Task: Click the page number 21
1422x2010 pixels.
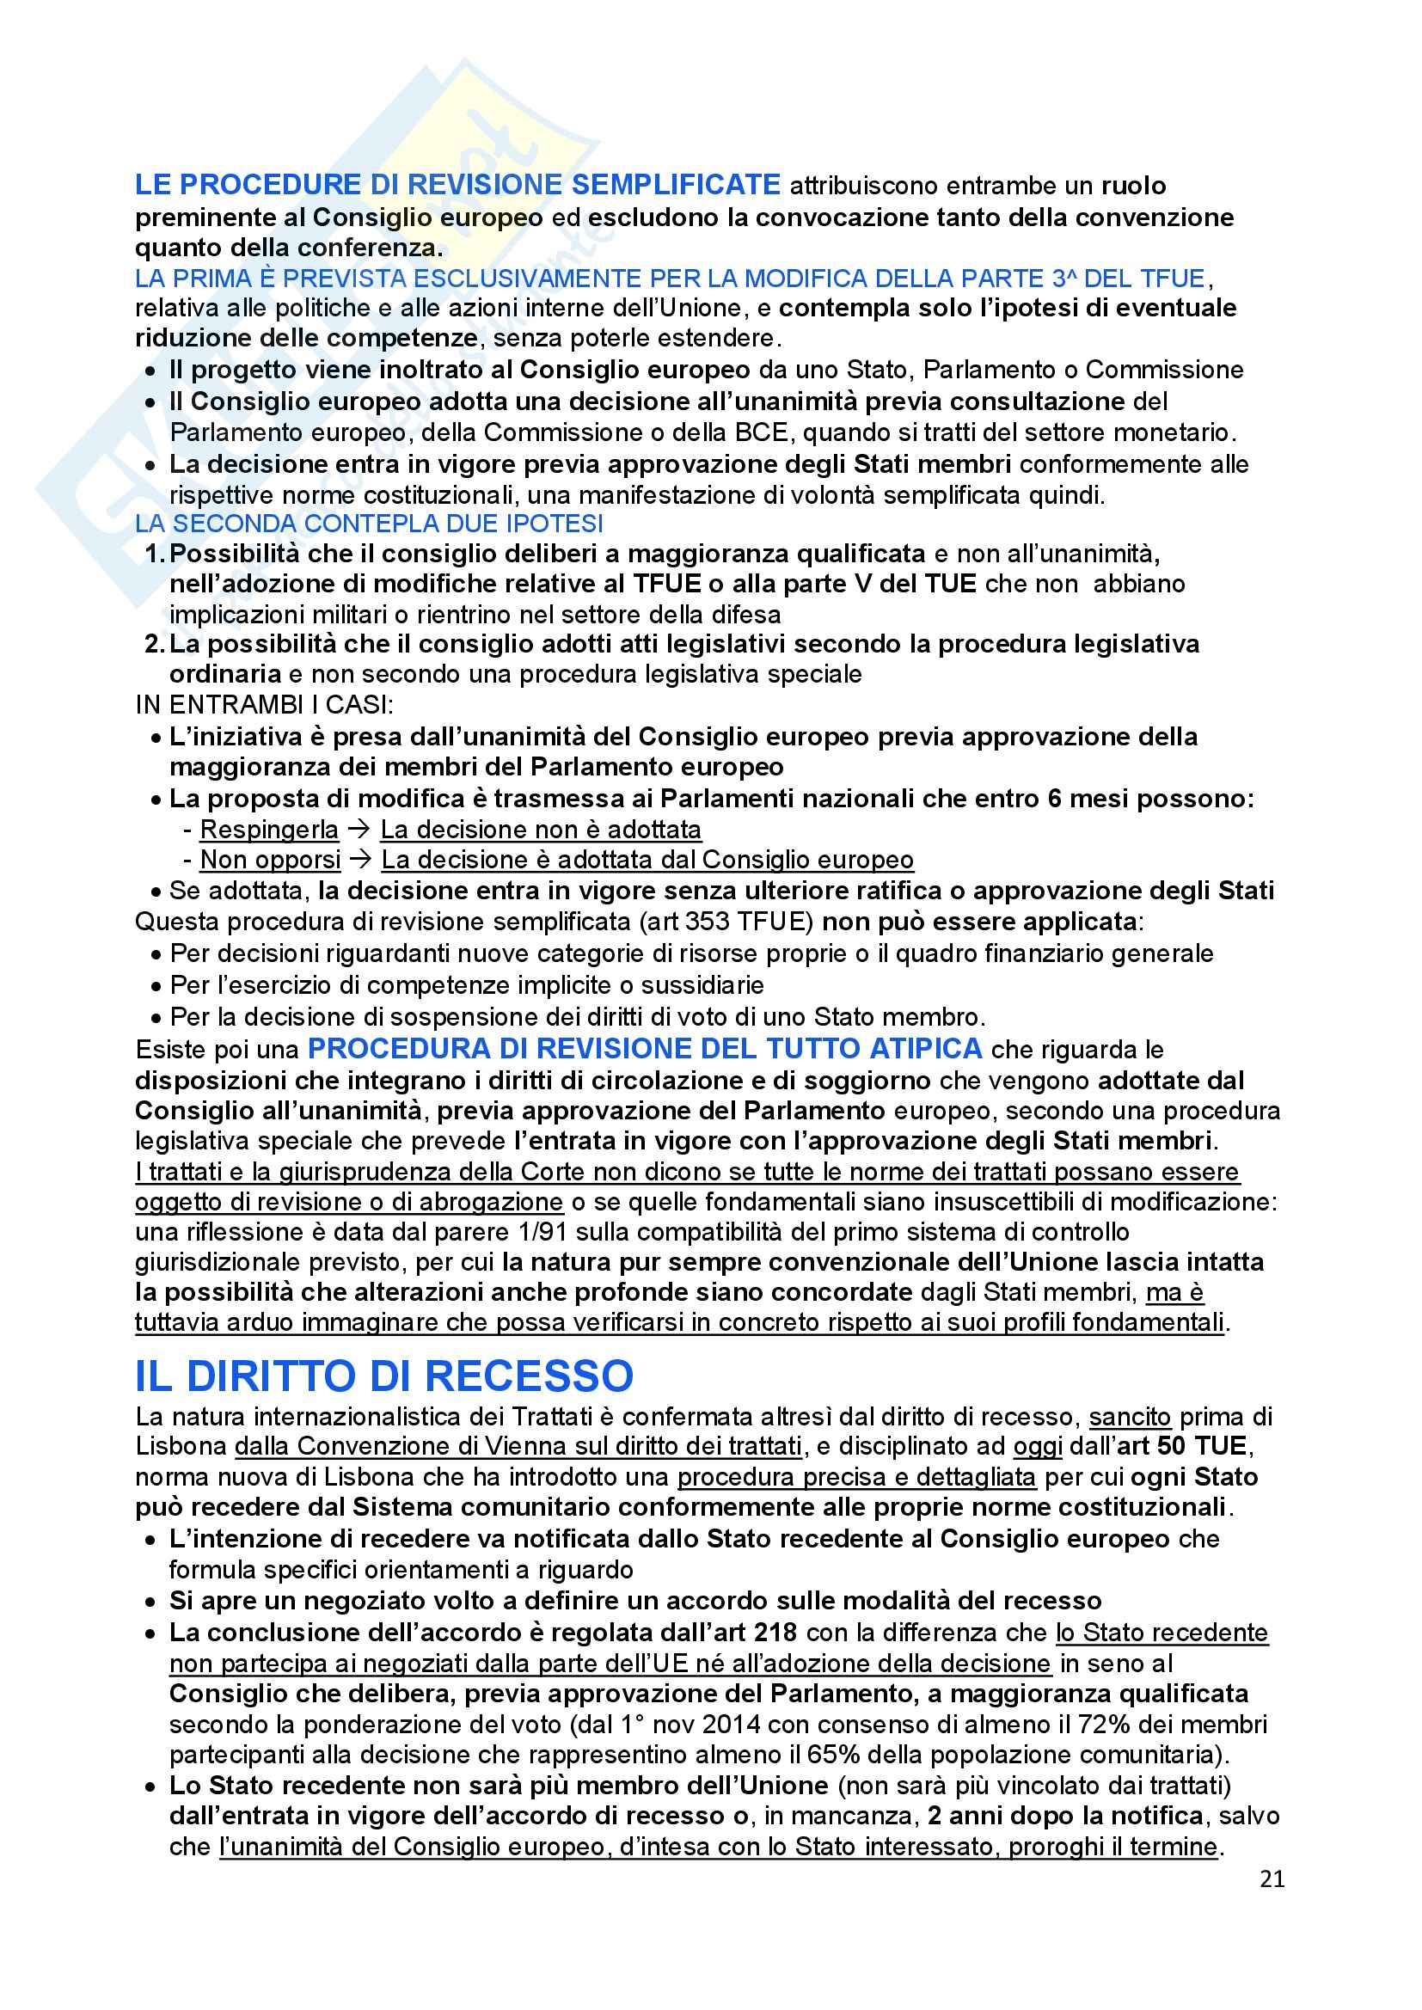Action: pyautogui.click(x=1272, y=1878)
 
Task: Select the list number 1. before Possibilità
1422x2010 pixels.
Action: pyautogui.click(x=154, y=555)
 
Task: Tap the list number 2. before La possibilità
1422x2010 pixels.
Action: pyautogui.click(x=154, y=644)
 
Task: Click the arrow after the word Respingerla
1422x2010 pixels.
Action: pyautogui.click(x=359, y=829)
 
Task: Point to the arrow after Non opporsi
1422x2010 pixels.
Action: pyautogui.click(x=361, y=860)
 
